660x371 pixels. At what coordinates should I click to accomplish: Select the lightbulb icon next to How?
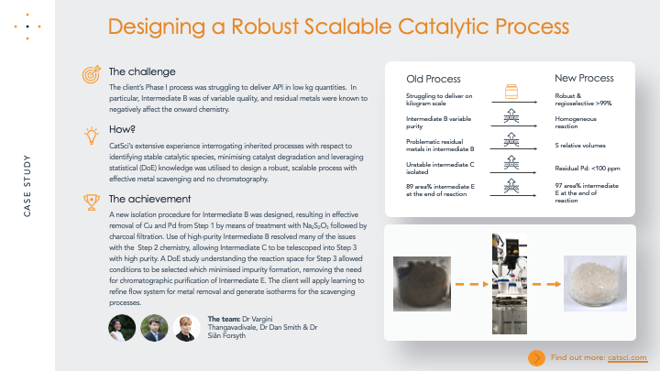[x=91, y=135]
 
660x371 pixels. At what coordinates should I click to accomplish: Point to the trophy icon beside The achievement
[x=91, y=199]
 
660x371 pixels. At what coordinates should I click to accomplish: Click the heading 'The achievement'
[x=143, y=199]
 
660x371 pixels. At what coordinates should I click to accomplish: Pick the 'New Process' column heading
[x=584, y=79]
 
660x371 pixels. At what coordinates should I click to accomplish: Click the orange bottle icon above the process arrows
[x=511, y=93]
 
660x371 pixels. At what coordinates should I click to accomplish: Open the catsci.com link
[x=630, y=356]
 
